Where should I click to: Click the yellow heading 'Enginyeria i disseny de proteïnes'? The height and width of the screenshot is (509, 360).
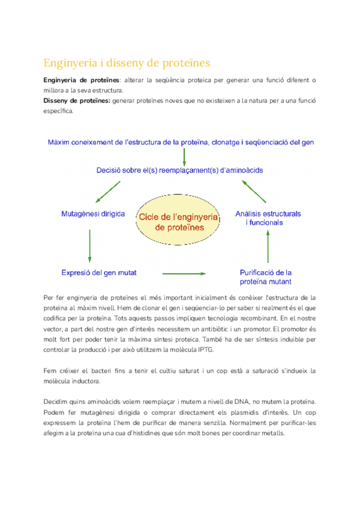coord(127,63)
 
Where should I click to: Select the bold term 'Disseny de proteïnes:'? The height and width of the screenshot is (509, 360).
coord(77,101)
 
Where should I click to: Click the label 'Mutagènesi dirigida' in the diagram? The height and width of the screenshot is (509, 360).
coord(93,214)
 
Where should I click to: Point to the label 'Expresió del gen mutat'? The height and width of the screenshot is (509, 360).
coord(99,273)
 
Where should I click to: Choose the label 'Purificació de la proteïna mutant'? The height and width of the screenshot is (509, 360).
coord(266,277)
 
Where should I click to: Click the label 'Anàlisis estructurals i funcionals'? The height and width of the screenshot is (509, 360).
coord(268,218)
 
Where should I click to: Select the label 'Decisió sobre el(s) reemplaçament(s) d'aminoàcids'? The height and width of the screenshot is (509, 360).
coord(179,170)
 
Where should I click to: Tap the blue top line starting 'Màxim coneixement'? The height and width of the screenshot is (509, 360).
coord(181,142)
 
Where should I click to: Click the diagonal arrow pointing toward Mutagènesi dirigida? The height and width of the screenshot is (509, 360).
coord(110,191)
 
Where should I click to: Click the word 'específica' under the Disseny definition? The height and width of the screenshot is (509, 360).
coord(58,111)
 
